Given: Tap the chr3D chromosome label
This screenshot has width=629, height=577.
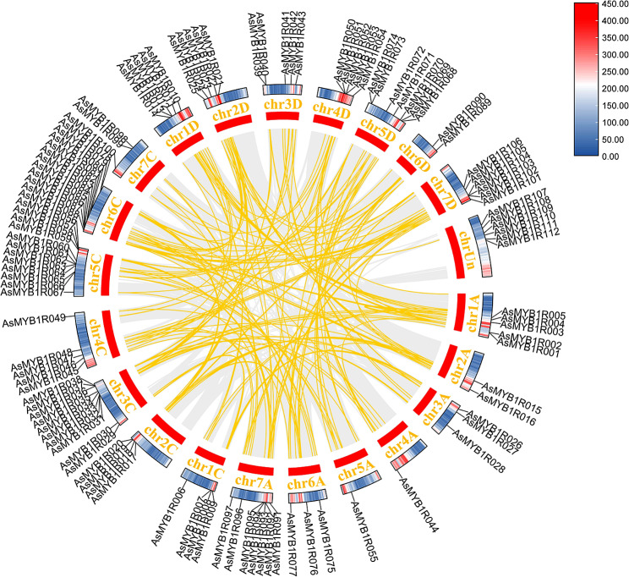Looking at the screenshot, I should tap(282, 104).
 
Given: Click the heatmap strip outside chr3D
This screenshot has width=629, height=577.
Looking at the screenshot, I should tap(281, 91).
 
